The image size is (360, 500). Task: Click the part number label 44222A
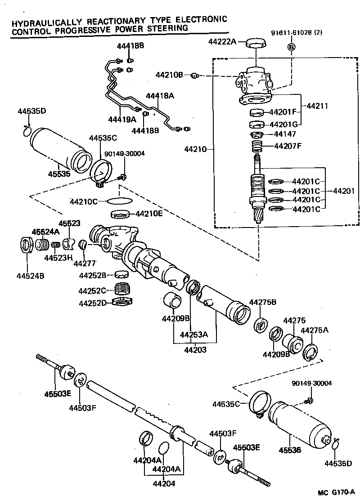(222, 42)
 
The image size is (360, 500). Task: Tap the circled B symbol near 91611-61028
(291, 47)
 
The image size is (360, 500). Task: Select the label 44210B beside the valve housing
(169, 75)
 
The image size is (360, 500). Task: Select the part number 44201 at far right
(344, 191)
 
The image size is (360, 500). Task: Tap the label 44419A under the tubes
(121, 119)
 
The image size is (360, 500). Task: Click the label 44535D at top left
(32, 111)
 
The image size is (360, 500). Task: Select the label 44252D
(92, 303)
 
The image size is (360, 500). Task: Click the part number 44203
(195, 349)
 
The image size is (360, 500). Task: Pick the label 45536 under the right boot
(289, 450)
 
